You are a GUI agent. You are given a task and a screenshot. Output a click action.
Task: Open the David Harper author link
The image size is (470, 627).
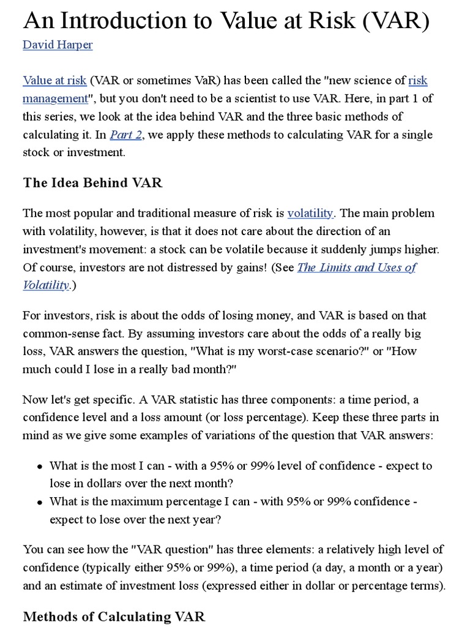point(58,45)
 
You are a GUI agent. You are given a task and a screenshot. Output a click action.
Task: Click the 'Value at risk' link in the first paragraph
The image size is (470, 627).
point(54,80)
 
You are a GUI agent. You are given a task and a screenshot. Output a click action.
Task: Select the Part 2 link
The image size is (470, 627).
point(125,134)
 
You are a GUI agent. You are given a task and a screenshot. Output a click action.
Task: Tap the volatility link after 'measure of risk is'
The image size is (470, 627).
point(310,213)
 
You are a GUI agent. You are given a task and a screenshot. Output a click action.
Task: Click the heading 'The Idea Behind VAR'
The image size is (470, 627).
point(92,182)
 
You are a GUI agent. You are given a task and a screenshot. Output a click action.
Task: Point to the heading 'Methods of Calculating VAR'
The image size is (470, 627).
point(114,616)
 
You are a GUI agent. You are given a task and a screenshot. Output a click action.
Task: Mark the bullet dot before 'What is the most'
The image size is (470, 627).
point(39,466)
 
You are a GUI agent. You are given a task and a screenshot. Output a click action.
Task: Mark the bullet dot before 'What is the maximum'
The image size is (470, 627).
point(39,501)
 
